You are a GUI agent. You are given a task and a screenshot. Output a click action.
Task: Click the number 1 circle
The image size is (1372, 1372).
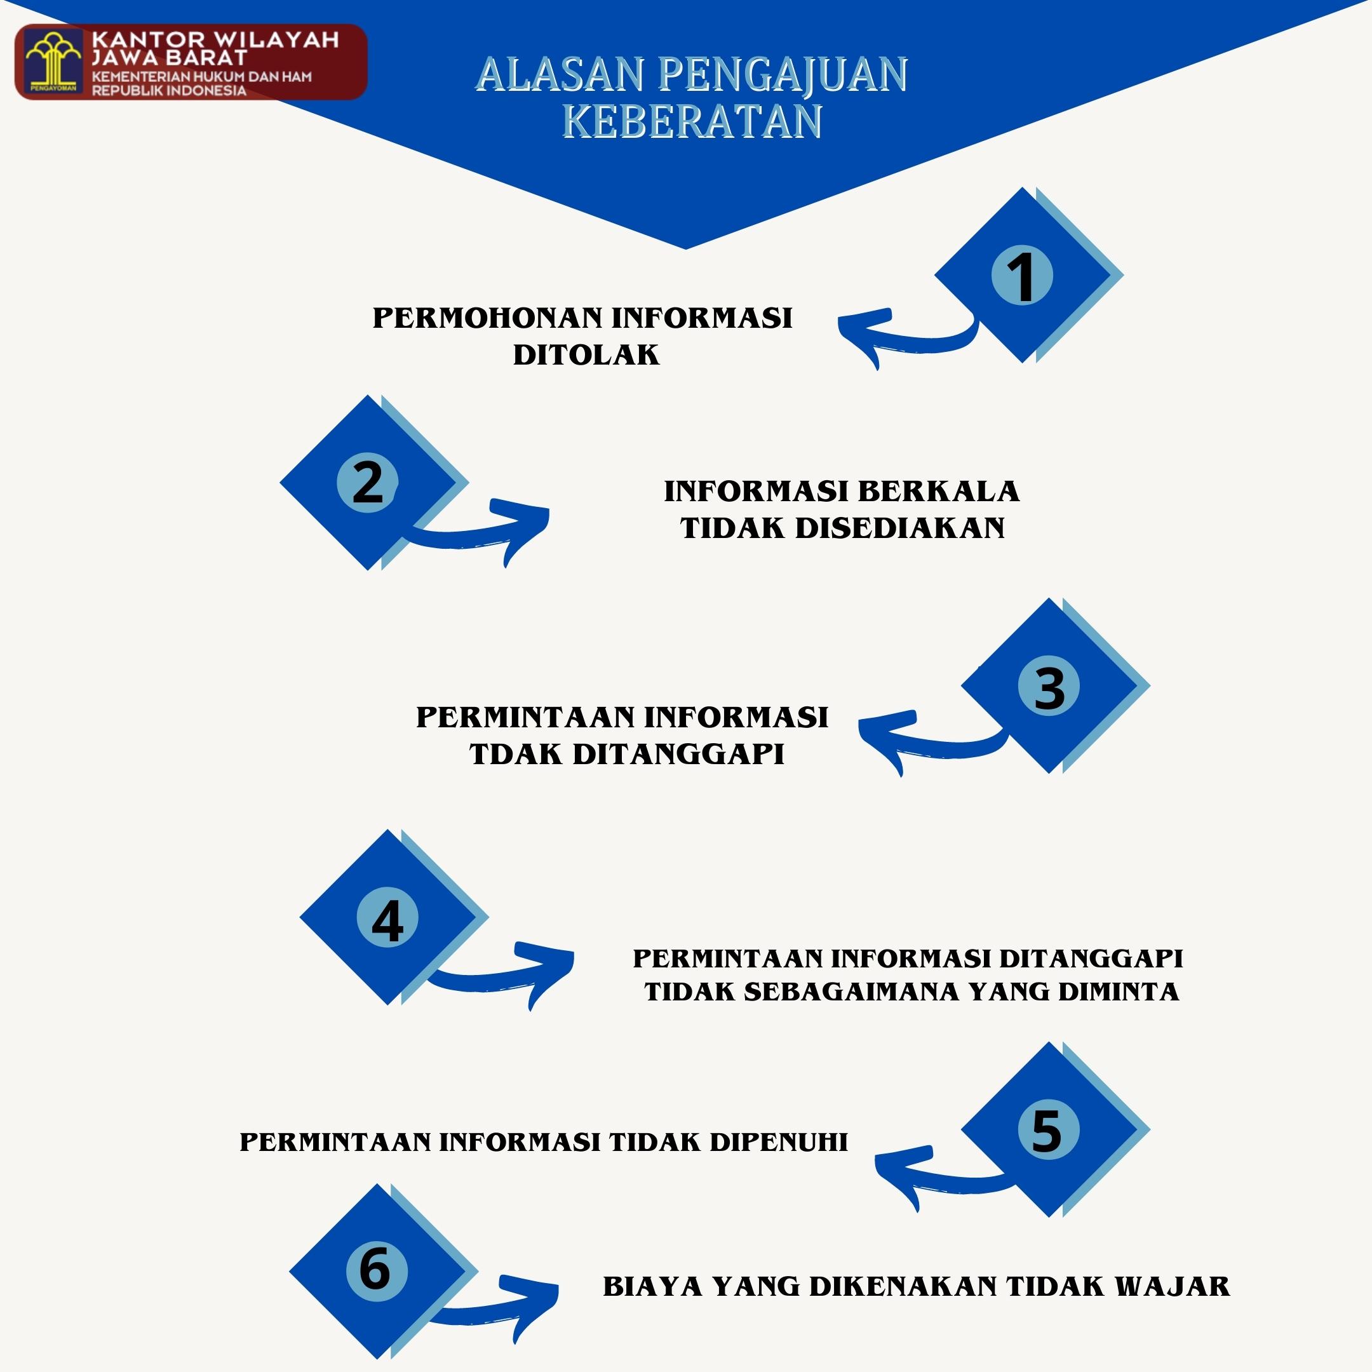1022,275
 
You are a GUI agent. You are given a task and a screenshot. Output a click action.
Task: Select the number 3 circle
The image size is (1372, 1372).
1049,685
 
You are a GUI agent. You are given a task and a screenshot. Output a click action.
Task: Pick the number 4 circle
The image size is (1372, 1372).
387,917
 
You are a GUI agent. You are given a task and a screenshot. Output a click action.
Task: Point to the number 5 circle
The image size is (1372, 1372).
1049,1129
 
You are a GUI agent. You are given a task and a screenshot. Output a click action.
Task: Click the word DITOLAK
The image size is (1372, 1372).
586,354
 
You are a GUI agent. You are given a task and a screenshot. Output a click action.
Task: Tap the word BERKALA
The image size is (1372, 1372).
939,492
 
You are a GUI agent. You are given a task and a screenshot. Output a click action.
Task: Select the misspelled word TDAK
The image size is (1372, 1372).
516,753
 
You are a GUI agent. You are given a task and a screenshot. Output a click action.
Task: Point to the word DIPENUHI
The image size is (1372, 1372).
779,1142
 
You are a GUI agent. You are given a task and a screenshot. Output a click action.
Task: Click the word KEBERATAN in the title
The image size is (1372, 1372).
692,121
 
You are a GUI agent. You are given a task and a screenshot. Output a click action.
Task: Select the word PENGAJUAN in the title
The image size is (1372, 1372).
783,74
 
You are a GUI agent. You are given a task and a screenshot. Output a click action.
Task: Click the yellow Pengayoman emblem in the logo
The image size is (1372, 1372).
53,62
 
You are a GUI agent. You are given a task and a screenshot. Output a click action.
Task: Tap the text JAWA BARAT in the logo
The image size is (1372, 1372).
169,58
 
